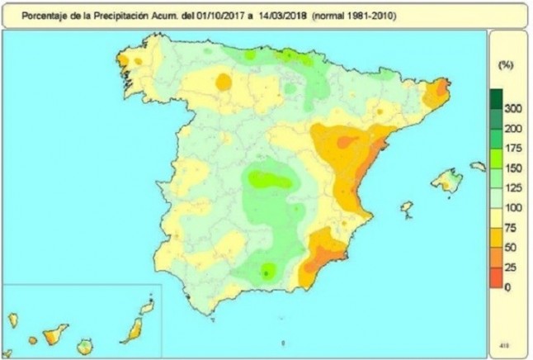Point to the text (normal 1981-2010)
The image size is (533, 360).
(x=347, y=15)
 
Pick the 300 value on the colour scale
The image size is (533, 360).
(x=514, y=109)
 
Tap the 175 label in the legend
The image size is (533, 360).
(x=514, y=148)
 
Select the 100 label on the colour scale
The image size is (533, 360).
(x=514, y=207)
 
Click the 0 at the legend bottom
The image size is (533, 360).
(x=508, y=287)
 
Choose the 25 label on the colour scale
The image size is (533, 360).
(x=512, y=267)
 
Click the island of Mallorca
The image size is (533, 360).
(x=447, y=179)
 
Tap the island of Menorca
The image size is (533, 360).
(x=478, y=166)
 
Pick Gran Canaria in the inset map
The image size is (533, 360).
(x=84, y=346)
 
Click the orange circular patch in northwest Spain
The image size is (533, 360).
(x=223, y=81)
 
